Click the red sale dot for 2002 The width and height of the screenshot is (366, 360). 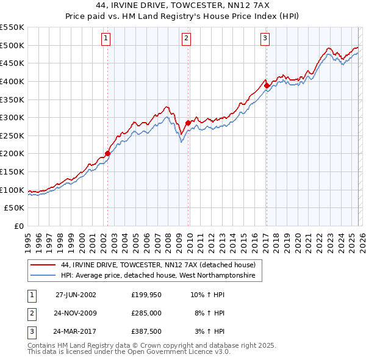(108, 153)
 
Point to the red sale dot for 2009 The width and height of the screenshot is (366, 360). (188, 123)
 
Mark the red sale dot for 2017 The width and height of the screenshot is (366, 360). (267, 85)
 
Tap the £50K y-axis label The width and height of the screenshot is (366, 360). (15, 208)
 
